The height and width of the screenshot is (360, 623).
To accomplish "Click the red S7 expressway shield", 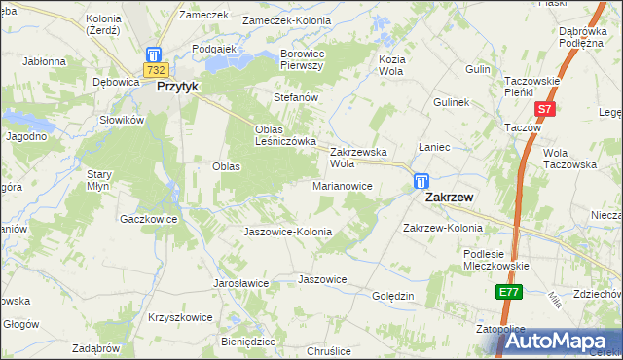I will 546,110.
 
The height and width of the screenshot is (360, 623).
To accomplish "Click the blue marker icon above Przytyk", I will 154,54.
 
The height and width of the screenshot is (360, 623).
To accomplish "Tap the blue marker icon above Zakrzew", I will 421,181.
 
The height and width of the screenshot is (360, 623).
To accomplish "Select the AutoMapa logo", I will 556,342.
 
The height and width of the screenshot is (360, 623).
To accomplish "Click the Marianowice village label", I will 343,185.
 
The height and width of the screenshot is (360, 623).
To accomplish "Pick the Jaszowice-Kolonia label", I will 287,233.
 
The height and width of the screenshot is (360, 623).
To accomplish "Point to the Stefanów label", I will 297,98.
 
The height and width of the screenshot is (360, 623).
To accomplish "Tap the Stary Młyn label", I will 101,179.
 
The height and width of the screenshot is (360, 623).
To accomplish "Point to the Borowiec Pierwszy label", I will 308,59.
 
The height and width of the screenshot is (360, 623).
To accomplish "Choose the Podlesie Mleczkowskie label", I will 495,259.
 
